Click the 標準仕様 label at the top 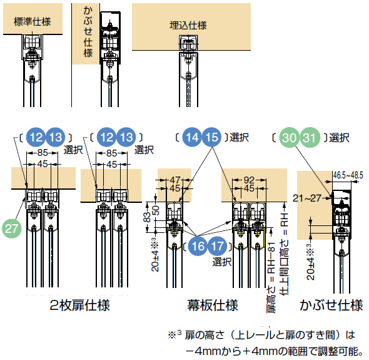click(33, 22)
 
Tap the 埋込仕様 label click(188, 26)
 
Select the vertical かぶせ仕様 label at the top click(88, 31)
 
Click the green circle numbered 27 click(11, 229)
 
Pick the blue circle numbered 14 click(192, 137)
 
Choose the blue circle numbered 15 click(211, 137)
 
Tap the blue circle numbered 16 click(198, 246)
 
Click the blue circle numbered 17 click(217, 246)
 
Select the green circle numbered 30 click(289, 138)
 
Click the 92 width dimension click(249, 180)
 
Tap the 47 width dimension click(175, 180)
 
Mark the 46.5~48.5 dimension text click(348, 175)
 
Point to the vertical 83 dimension click(147, 217)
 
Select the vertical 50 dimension click(156, 210)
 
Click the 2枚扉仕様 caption click(80, 305)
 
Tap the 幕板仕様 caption click(213, 305)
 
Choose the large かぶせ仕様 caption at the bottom click(331, 305)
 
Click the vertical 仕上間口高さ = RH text click(285, 254)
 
